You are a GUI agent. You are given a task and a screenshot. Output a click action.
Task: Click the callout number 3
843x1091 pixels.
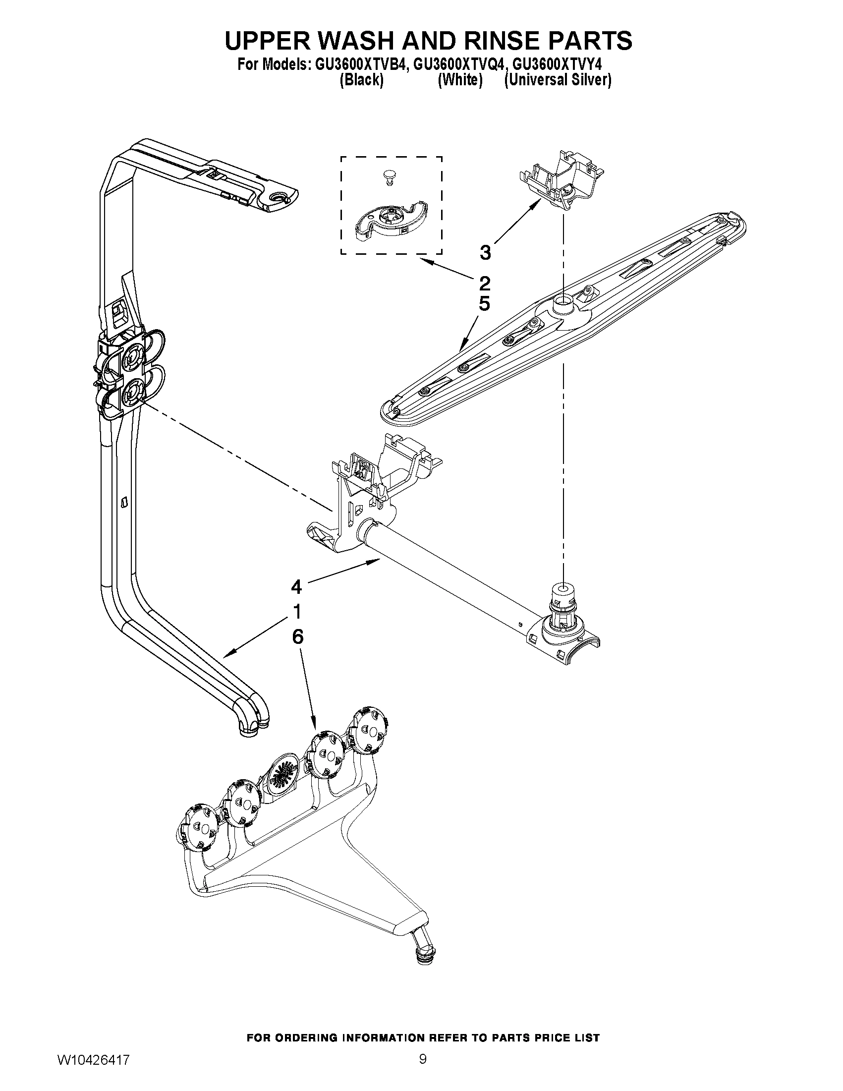485,253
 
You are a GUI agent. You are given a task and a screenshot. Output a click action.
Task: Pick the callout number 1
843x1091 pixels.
297,611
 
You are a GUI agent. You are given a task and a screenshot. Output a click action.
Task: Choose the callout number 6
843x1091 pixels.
297,636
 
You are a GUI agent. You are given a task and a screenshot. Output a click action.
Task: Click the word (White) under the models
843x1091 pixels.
459,80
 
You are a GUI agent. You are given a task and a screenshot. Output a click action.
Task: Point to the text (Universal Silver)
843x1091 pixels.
558,80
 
